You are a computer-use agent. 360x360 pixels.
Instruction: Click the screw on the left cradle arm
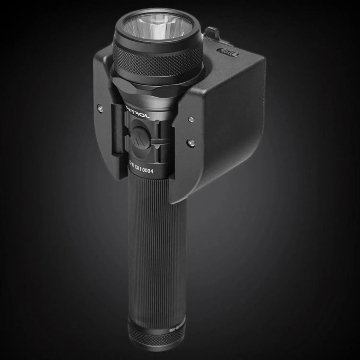101,109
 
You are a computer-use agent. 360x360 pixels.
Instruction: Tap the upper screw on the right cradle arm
191,119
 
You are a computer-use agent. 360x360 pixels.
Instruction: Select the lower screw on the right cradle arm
191,142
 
